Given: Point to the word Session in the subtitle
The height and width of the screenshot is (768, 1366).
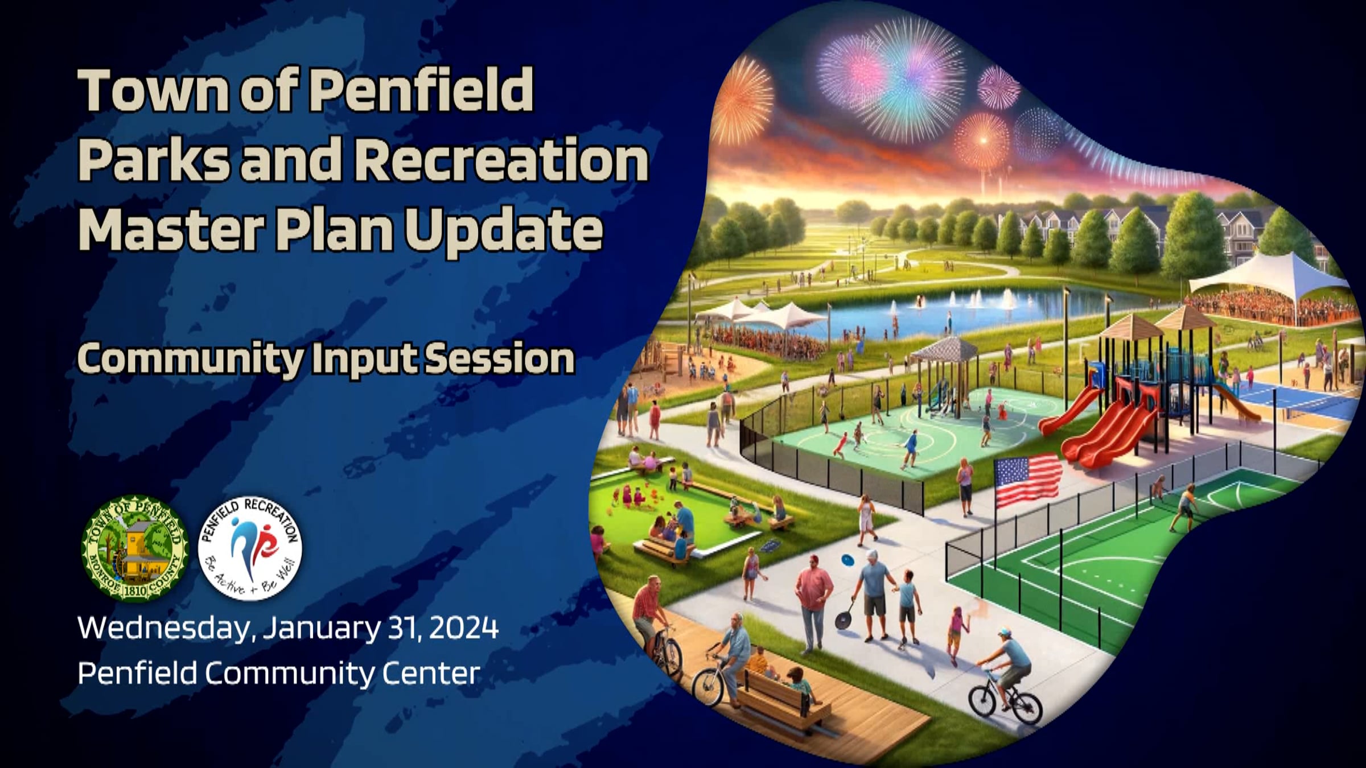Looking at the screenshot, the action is [500, 358].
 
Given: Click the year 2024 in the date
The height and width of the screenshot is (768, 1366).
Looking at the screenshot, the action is [464, 628].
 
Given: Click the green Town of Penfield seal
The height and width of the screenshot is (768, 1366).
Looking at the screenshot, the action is [135, 548].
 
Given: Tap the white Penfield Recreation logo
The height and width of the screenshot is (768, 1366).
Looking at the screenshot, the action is [250, 548].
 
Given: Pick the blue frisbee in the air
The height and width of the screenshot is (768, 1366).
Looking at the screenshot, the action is [847, 560].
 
